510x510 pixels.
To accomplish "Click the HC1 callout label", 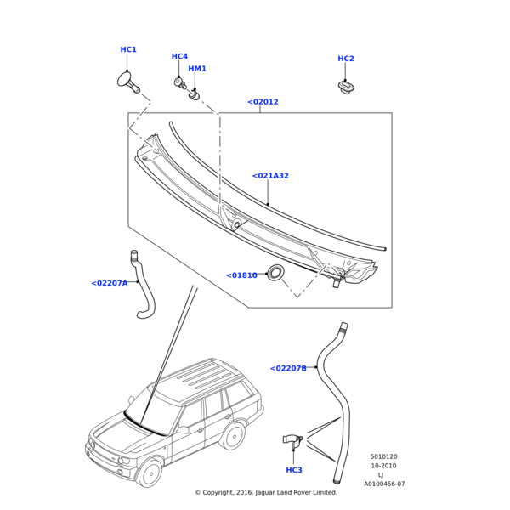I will [x=128, y=50].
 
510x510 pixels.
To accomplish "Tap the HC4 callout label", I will [x=179, y=57].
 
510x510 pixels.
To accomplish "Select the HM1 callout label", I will [x=197, y=69].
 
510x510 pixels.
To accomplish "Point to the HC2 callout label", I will [x=346, y=59].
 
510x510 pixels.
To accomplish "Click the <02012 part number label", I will [x=263, y=102].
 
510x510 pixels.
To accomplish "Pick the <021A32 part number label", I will [x=270, y=176].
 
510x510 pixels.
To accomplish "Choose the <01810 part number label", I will [x=241, y=275].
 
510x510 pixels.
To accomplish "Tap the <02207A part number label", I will [x=109, y=283].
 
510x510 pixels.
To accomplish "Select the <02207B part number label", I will [x=288, y=368].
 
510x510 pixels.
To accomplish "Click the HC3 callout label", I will [x=294, y=470].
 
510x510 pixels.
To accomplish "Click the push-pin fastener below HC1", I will [x=128, y=82].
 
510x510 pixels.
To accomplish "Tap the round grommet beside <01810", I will [x=275, y=274].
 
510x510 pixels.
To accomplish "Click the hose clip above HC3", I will [x=292, y=441].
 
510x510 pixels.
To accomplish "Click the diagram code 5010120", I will [x=383, y=456].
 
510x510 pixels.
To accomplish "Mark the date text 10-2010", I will [x=383, y=466].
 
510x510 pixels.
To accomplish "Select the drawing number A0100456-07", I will [x=384, y=484].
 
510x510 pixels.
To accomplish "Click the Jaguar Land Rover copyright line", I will [x=266, y=492].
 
